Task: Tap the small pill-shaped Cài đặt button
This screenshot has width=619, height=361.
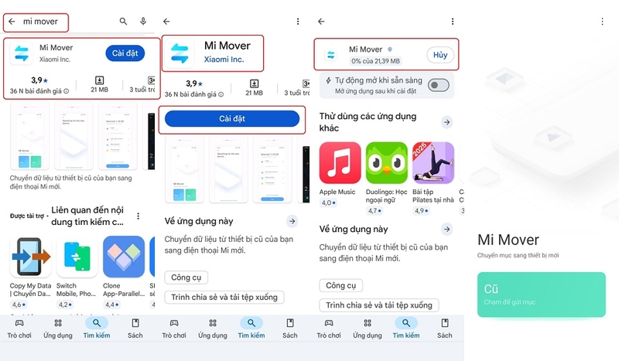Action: [125, 53]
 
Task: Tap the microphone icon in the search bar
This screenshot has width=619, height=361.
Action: [143, 22]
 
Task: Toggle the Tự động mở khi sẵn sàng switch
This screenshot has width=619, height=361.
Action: [439, 85]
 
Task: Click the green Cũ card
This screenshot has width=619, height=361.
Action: [541, 295]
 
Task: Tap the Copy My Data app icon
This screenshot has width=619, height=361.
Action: [30, 257]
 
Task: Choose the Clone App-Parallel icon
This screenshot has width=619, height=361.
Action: [124, 257]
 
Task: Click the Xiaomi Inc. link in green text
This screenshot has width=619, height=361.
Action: [224, 60]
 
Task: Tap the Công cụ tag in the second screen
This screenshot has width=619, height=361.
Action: [186, 278]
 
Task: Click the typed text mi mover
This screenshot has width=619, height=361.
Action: [40, 22]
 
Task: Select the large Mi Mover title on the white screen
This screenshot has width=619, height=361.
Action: [508, 240]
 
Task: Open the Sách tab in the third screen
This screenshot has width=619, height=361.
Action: [445, 328]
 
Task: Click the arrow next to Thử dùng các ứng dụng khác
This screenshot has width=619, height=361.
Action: [447, 122]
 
